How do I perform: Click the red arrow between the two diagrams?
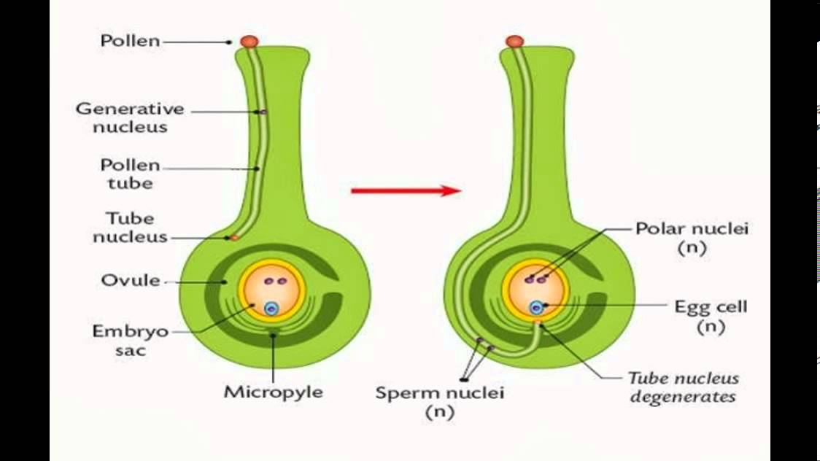pyautogui.click(x=406, y=191)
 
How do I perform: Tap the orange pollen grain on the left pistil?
pyautogui.click(x=250, y=42)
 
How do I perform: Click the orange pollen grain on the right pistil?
pyautogui.click(x=514, y=42)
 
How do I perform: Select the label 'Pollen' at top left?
pyautogui.click(x=130, y=41)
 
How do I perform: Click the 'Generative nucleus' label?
pyautogui.click(x=131, y=118)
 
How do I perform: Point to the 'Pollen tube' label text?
pyautogui.click(x=131, y=174)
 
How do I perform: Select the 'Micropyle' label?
pyautogui.click(x=274, y=392)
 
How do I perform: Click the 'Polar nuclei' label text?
pyautogui.click(x=692, y=228)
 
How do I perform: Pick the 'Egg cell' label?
pyautogui.click(x=711, y=306)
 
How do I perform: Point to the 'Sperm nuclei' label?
pyautogui.click(x=439, y=393)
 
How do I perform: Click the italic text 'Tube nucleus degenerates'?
pyautogui.click(x=684, y=387)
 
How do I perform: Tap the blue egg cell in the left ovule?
pyautogui.click(x=271, y=309)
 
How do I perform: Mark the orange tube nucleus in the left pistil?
pyautogui.click(x=234, y=238)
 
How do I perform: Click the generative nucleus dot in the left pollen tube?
pyautogui.click(x=263, y=112)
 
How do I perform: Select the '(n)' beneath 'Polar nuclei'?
pyautogui.click(x=691, y=247)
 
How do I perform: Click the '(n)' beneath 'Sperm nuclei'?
pyautogui.click(x=439, y=412)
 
